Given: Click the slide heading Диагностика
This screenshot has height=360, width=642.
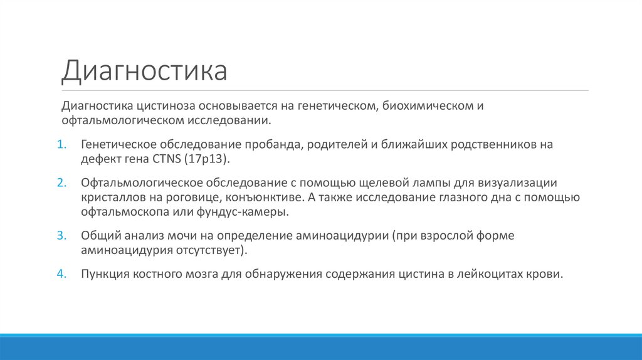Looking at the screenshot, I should pos(144,71).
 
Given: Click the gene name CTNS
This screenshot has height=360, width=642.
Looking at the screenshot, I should pos(166,159).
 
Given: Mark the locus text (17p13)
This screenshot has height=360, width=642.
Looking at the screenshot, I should pos(208,159).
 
